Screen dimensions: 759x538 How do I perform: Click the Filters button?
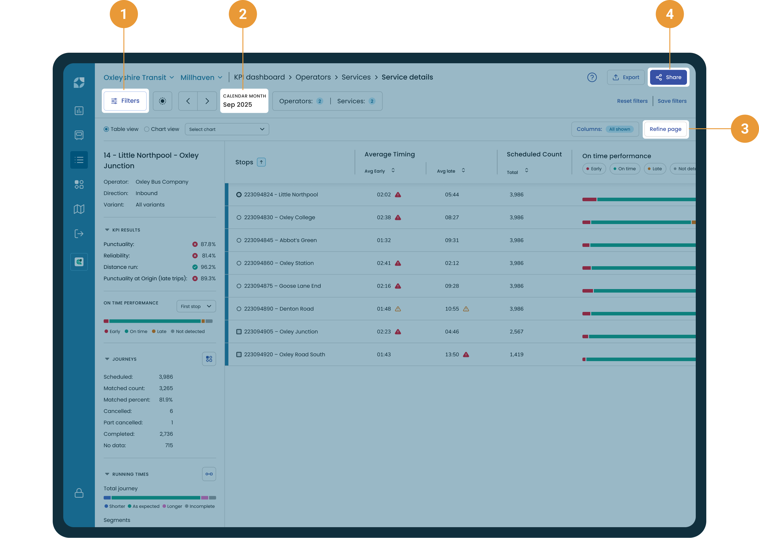point(125,101)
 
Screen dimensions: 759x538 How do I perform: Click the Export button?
point(625,77)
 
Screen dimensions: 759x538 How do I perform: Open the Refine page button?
point(665,129)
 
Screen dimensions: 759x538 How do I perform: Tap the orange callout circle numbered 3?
point(744,129)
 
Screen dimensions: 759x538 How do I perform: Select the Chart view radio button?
point(147,129)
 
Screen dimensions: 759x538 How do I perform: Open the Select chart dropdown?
point(227,129)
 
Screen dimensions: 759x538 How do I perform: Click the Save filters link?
point(672,101)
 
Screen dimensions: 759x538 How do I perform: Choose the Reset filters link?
point(632,101)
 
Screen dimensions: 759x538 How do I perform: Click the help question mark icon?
point(592,77)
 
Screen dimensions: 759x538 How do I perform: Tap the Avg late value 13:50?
point(452,354)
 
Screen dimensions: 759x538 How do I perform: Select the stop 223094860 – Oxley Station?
point(278,263)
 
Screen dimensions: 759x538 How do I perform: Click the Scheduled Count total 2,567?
point(516,332)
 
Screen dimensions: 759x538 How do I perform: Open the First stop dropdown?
point(196,306)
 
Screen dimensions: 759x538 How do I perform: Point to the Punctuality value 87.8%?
point(208,244)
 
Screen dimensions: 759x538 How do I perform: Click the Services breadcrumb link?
point(356,77)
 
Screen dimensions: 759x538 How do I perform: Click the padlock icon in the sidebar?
point(79,493)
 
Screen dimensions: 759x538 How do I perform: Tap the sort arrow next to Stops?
point(261,162)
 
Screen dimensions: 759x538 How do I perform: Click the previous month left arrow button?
point(188,101)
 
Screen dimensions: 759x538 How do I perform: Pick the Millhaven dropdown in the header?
point(201,78)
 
